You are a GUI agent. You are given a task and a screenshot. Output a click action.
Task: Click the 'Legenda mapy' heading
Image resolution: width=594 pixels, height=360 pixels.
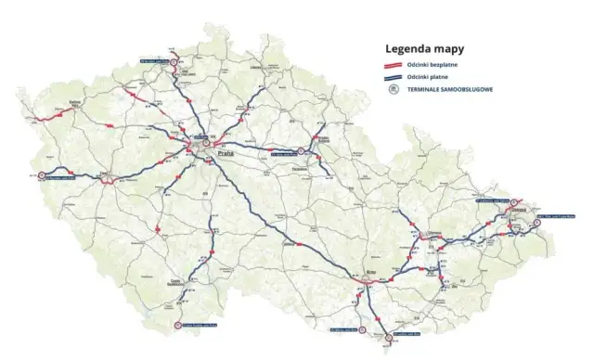[426, 47]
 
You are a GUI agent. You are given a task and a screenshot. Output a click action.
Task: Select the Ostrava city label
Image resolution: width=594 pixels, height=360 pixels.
[518, 209]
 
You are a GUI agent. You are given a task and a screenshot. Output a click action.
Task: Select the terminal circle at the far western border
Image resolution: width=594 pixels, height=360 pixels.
[41, 177]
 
